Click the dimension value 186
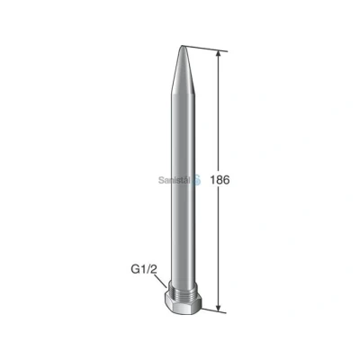[220, 180]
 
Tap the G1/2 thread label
[144, 270]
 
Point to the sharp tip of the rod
[182, 46]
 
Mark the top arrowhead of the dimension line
[219, 55]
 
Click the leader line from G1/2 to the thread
[161, 283]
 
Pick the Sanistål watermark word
[175, 180]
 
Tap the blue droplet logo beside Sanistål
[197, 179]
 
